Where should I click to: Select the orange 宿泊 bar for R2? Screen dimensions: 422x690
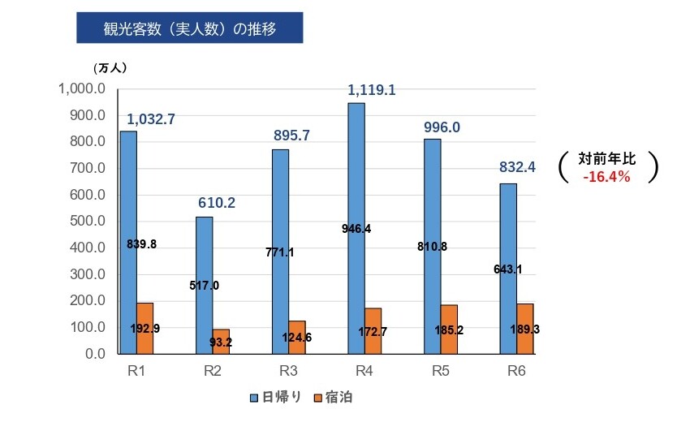coord(221,342)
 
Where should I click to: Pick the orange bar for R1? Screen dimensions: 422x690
coord(144,328)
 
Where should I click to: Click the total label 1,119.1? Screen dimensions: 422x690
coord(371,90)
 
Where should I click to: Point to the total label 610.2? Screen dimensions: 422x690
coord(217,202)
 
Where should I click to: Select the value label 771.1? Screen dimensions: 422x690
coord(280,252)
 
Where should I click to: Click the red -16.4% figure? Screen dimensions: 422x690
coord(606,176)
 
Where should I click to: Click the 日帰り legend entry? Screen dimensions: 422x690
coord(276,397)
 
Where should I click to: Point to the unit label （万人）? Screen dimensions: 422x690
coord(110,67)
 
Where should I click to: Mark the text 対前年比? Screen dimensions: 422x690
coord(607,158)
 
